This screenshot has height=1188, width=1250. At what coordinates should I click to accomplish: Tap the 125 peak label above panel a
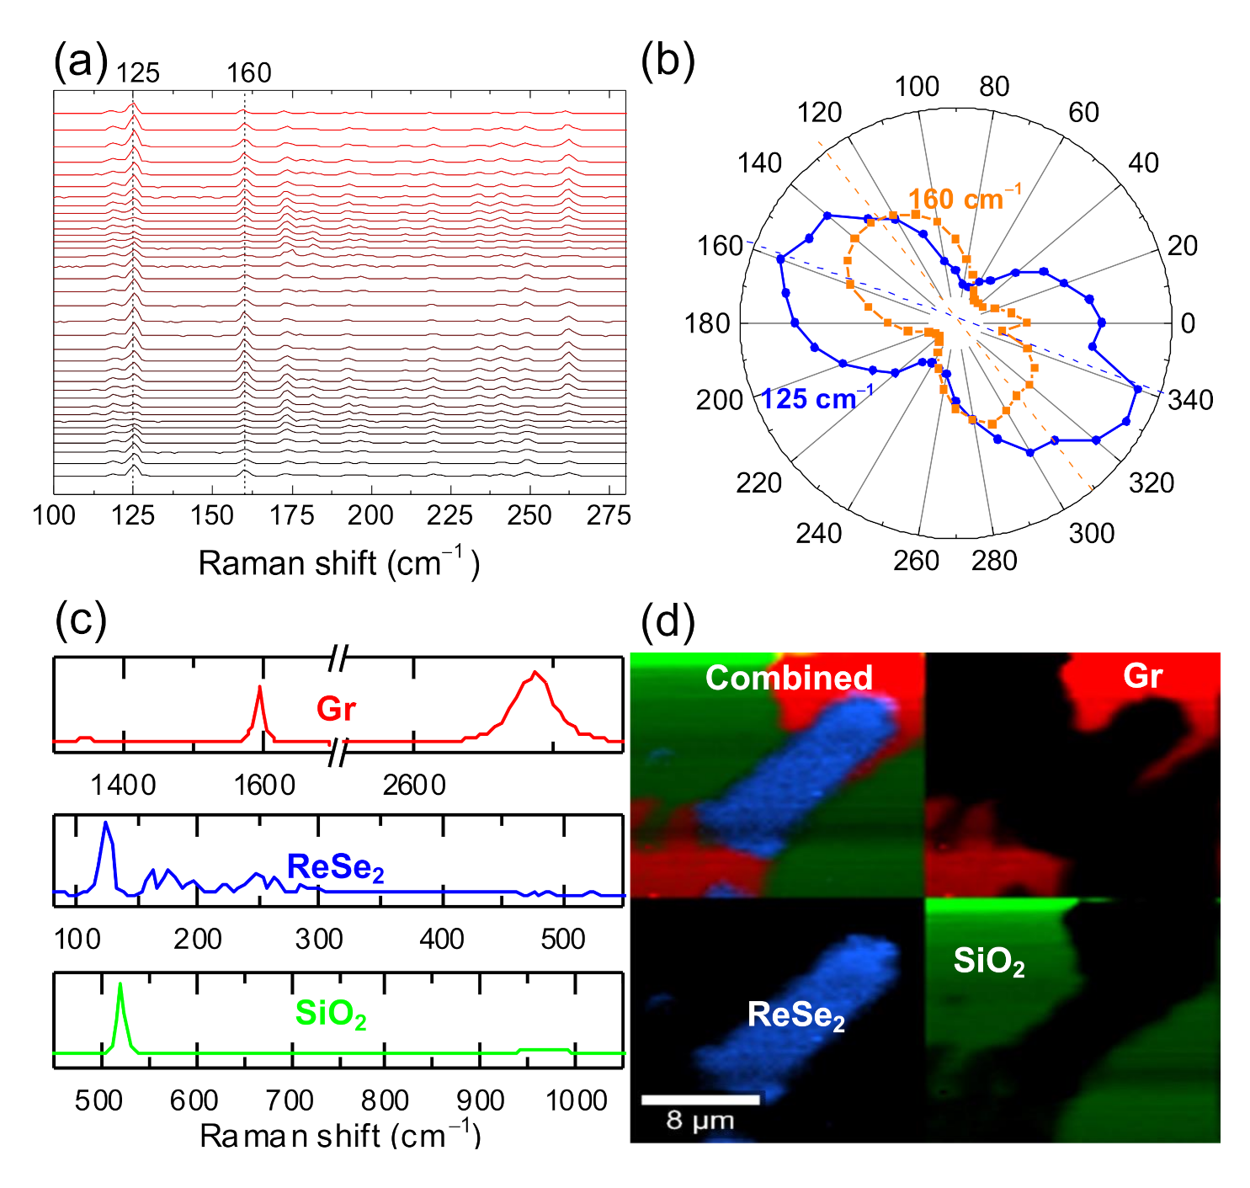(137, 73)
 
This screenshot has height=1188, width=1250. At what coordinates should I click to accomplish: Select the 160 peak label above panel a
(248, 73)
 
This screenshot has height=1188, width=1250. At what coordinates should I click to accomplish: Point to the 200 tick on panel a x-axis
(370, 515)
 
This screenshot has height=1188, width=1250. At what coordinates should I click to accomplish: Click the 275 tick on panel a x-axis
(609, 515)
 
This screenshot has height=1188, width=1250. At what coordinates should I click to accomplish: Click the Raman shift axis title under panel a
(338, 563)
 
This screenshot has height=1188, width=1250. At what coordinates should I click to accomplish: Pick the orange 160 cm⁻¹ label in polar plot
(964, 199)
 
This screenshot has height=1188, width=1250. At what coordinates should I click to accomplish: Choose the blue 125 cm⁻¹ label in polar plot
(816, 398)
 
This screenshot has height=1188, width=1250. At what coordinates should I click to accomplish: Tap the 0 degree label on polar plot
(1188, 323)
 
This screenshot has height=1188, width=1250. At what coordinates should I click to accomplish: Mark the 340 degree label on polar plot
(1190, 400)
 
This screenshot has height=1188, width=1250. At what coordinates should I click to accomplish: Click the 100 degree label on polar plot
(917, 87)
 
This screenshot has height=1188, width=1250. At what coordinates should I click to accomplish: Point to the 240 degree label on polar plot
(818, 533)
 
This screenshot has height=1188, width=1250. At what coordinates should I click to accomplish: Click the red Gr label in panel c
(336, 709)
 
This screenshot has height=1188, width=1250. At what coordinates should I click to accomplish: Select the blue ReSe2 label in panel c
(335, 867)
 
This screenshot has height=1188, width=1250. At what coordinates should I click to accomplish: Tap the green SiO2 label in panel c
(330, 1014)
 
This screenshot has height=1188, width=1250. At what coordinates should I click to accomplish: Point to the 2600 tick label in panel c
(413, 786)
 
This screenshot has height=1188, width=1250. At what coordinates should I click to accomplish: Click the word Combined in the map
(789, 678)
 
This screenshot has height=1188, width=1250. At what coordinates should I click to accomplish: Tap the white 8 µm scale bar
(700, 1100)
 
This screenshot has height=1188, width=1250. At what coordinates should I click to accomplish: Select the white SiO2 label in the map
(988, 961)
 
